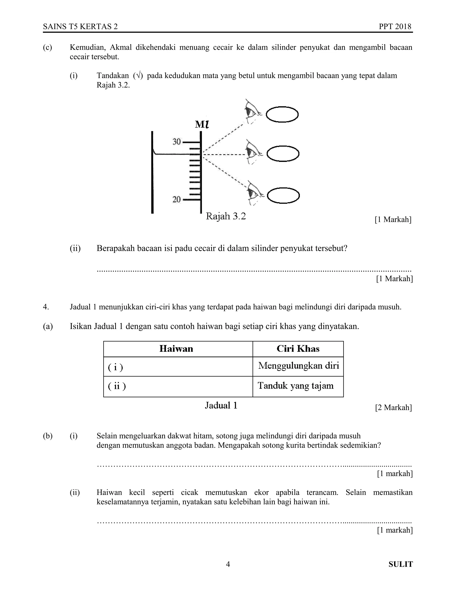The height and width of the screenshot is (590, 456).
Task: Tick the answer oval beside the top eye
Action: pos(282,114)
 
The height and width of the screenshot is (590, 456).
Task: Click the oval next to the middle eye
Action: pos(283,154)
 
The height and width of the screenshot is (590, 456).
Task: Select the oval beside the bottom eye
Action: pos(283,195)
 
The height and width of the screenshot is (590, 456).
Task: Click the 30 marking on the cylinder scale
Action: pos(177,141)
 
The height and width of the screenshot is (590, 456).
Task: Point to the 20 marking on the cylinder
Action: pos(177,199)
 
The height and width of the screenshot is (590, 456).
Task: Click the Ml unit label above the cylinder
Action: pos(202,124)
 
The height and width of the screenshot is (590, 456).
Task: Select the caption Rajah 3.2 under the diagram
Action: pos(226,216)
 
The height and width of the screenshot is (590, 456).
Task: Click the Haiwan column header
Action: pos(176,349)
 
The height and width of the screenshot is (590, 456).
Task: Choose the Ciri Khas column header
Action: pos(298,349)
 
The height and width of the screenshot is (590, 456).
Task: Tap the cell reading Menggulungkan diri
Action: pos(298,366)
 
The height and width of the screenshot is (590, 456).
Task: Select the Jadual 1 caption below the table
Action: pos(221,405)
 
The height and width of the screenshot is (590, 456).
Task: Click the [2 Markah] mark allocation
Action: pos(393,407)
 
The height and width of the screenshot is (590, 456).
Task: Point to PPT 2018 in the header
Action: pos(395,26)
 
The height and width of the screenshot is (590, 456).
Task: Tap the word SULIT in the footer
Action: pos(401,564)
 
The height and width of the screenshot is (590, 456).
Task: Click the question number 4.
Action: pos(46,307)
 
